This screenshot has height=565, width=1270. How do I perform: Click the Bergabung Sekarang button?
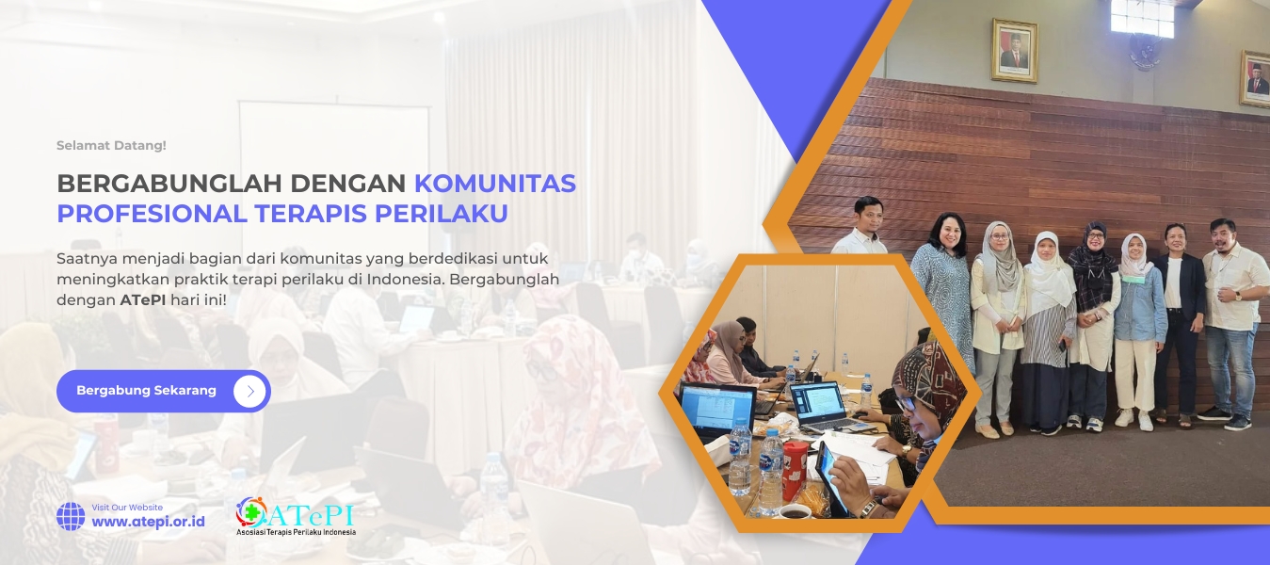[x=163, y=391]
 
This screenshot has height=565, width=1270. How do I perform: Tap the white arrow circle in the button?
[x=249, y=391]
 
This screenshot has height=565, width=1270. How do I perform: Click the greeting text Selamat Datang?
[x=111, y=146]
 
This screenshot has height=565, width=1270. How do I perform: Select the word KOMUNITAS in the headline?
[x=495, y=184]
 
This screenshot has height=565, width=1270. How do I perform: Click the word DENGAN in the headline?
[x=348, y=184]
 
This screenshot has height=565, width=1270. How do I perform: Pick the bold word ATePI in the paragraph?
[x=143, y=300]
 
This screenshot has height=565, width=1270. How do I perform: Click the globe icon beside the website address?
[x=71, y=516]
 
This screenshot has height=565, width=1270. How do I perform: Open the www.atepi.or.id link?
[x=148, y=522]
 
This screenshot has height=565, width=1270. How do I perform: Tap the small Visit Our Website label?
[x=127, y=508]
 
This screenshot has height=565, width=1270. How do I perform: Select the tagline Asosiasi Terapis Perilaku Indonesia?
[x=296, y=532]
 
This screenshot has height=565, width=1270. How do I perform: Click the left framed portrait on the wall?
[x=1014, y=51]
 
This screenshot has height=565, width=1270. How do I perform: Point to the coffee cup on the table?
[x=795, y=511]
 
